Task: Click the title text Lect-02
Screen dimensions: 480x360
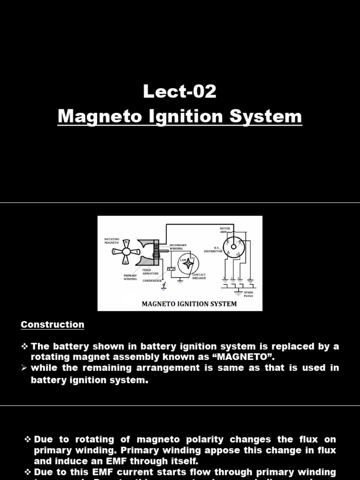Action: (x=180, y=92)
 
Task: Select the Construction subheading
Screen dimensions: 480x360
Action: (x=52, y=324)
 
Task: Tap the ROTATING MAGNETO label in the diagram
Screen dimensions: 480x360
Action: (x=112, y=240)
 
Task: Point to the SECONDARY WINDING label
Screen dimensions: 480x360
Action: (x=178, y=247)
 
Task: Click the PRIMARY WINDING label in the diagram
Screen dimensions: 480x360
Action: (x=130, y=277)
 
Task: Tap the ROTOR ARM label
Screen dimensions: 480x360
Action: (x=225, y=230)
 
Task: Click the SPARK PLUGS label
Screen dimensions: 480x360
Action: (x=248, y=294)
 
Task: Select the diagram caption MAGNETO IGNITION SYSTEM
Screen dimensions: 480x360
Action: (x=189, y=304)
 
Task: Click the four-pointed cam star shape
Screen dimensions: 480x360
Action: (x=188, y=264)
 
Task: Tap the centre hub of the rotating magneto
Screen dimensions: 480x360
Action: (x=126, y=251)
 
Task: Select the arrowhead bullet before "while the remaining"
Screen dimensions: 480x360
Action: (x=25, y=368)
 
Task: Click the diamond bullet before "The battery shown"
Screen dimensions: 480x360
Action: (x=25, y=346)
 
